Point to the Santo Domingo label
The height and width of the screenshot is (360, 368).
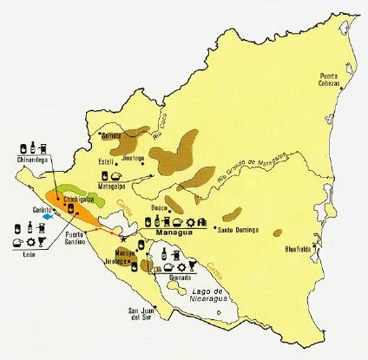238,229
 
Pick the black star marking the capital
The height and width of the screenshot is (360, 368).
129,237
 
